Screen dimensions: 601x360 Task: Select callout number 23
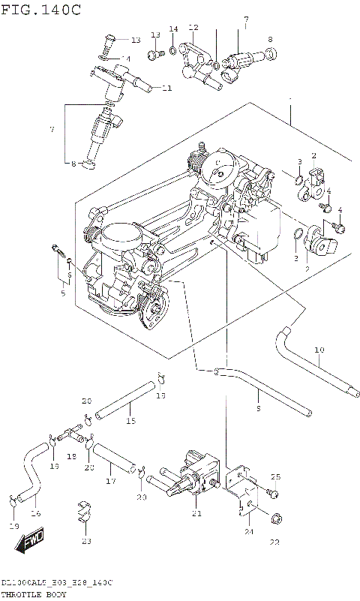86,541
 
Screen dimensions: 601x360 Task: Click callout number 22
275,542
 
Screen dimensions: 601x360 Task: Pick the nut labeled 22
276,518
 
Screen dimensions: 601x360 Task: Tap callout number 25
275,476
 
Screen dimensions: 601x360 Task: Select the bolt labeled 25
271,493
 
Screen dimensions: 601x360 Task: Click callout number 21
196,513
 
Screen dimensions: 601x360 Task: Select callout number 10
319,350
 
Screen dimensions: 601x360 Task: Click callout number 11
166,88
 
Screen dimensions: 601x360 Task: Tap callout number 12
193,28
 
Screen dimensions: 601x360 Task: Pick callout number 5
63,293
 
